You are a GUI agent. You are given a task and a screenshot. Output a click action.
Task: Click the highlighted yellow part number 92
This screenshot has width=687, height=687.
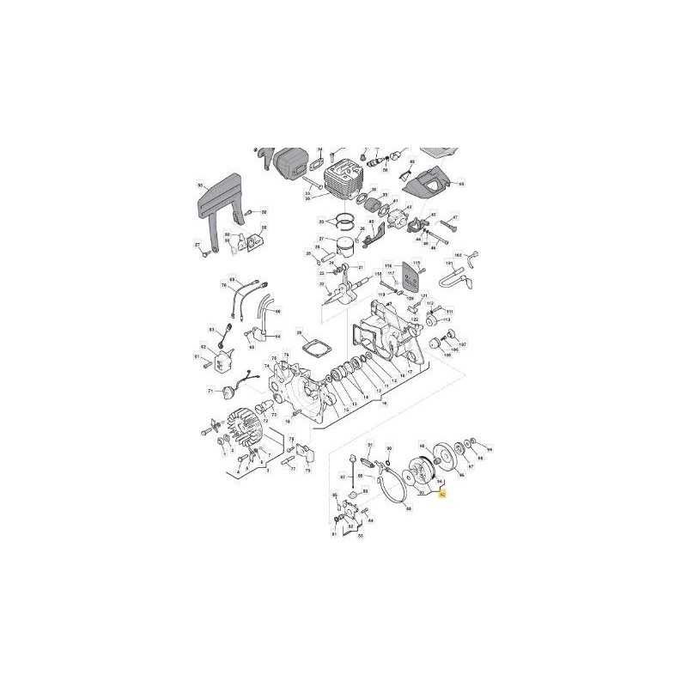(442, 495)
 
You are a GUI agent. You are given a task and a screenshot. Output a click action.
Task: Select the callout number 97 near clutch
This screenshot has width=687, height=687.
(471, 468)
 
